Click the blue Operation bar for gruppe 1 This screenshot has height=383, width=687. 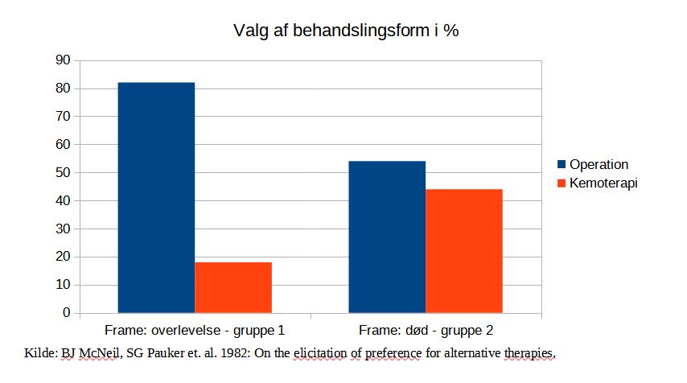pos(156,197)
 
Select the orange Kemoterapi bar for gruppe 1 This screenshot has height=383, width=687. pos(233,287)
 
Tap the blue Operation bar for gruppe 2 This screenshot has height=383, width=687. pos(387,237)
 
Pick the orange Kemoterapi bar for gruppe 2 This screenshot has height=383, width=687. pos(464,251)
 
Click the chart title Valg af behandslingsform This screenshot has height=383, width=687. pos(346,31)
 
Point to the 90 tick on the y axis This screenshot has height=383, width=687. pos(62,60)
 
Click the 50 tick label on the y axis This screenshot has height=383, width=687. pos(62,172)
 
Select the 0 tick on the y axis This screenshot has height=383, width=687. pos(66,313)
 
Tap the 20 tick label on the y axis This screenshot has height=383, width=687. pos(62,257)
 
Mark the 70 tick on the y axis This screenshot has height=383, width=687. pos(62,117)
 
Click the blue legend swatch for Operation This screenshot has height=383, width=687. pos(562,165)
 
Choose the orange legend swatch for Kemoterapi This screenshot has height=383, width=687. pos(562,183)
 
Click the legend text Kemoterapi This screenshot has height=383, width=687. pos(603,183)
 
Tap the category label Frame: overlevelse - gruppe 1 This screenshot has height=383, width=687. pos(195,331)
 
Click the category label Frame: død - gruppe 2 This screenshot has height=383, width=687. pos(426,331)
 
